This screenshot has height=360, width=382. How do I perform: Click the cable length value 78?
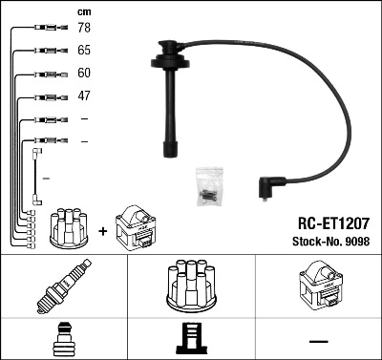point(84,28)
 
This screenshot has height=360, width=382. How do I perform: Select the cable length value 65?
point(84,50)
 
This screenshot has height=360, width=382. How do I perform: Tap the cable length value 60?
point(84,73)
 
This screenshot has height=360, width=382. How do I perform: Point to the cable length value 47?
point(84,95)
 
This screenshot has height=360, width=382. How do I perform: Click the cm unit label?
point(84,12)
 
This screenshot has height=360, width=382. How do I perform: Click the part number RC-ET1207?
point(333,223)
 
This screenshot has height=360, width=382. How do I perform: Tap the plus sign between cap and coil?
point(103,231)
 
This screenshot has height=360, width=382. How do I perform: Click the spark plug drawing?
point(64,286)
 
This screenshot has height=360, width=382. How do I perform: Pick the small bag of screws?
point(210,186)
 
